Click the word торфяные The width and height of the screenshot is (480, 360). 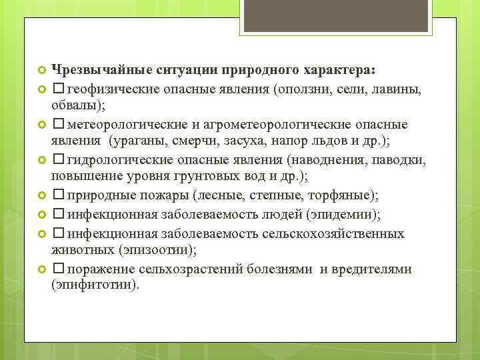(x=343, y=196)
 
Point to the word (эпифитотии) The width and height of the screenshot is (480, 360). (x=95, y=285)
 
